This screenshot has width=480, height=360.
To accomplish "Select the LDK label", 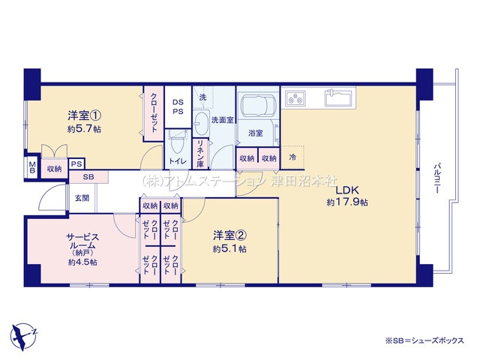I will (x=346, y=190).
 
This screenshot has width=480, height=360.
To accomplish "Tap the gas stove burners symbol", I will (x=295, y=97).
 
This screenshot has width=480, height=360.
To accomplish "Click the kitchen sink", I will (x=340, y=98).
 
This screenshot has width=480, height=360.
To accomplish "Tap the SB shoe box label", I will (x=88, y=177).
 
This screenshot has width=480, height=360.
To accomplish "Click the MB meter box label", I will (x=32, y=166).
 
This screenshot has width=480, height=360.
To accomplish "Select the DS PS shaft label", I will (x=178, y=107).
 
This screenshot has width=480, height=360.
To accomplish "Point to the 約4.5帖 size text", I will (x=82, y=262).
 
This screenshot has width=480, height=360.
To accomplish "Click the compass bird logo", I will (x=25, y=331).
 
